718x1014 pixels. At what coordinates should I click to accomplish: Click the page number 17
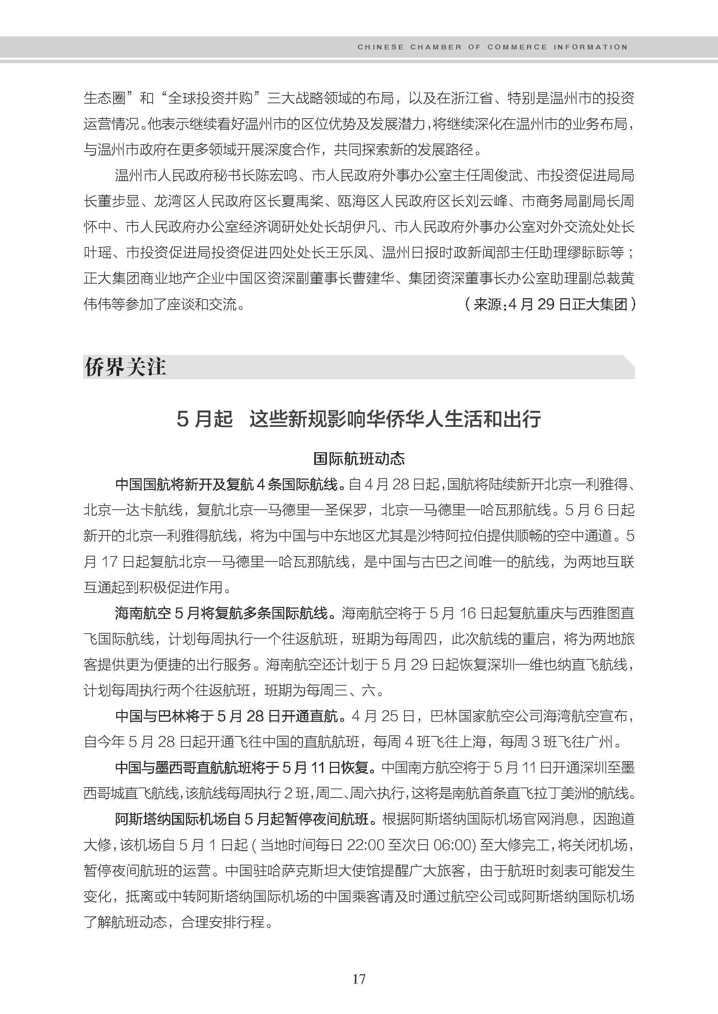coord(359,979)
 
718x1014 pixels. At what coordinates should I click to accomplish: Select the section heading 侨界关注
coord(125,367)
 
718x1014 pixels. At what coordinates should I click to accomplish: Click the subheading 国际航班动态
coord(359,459)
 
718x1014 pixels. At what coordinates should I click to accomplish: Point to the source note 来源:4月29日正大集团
coord(550,304)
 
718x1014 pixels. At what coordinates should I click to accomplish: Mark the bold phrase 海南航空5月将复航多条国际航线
coord(221,613)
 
